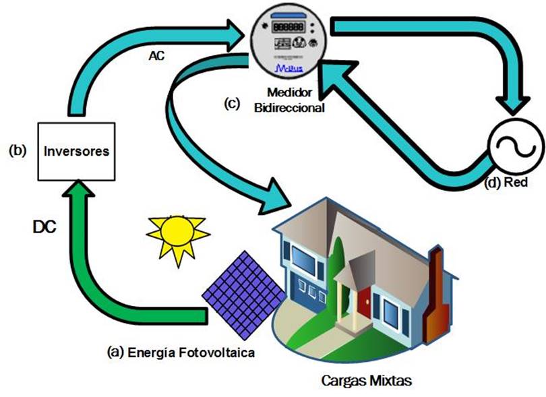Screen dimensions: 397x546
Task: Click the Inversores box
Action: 76,150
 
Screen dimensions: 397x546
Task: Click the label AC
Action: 157,57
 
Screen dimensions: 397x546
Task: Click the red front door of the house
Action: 364,300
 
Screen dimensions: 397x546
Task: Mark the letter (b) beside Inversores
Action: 17,150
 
